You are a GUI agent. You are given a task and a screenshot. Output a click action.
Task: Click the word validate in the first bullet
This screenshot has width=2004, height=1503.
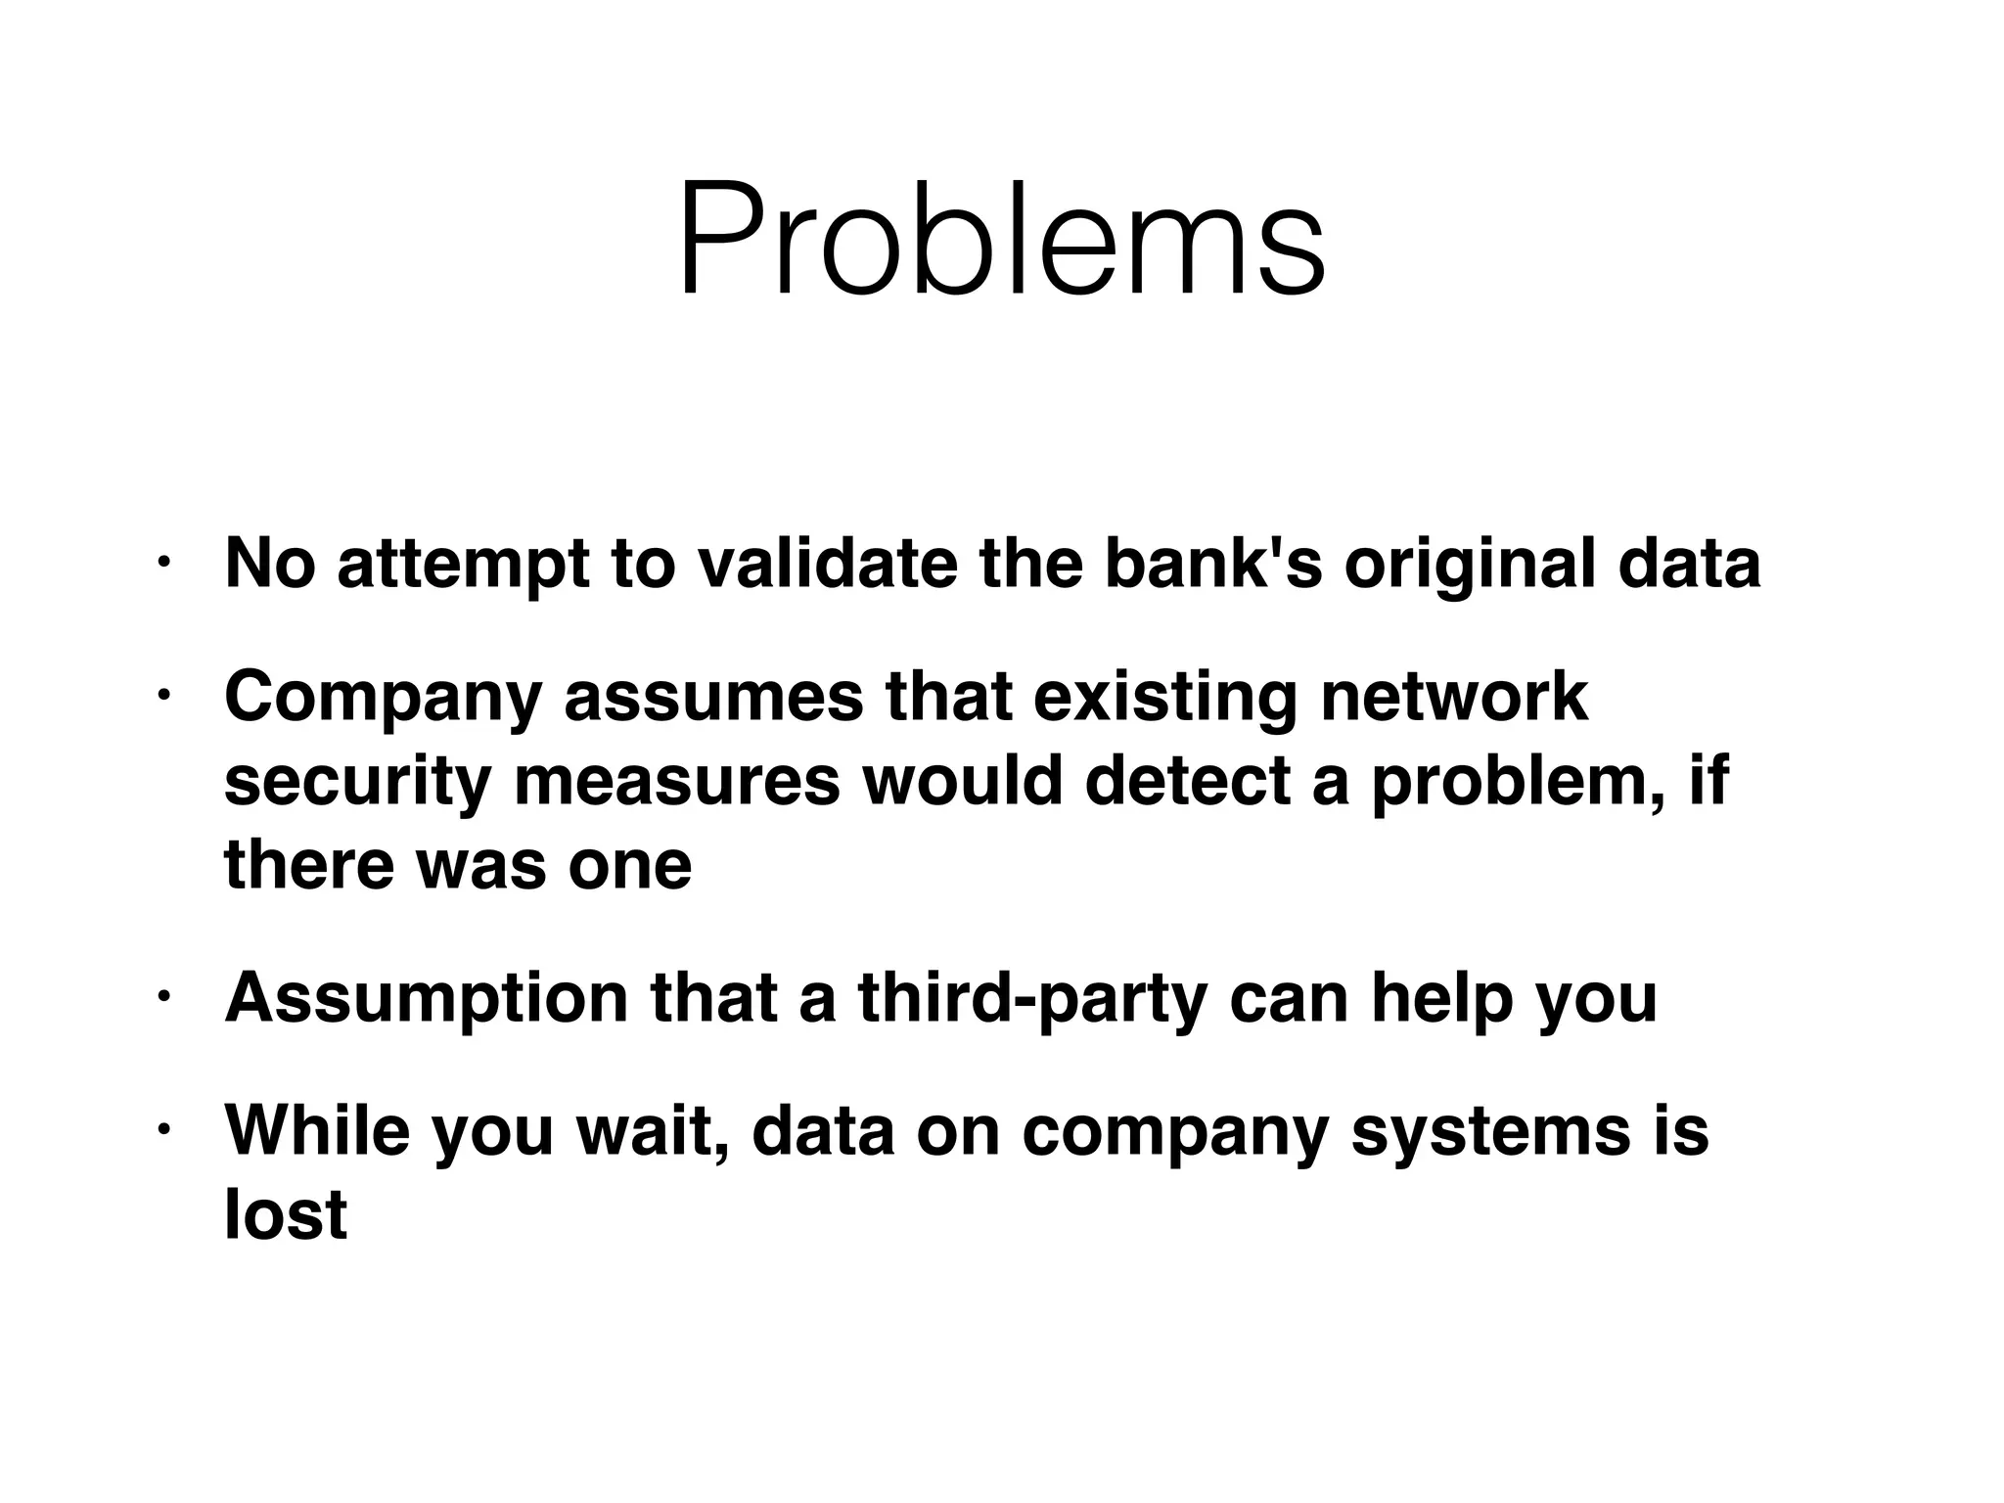pos(826,565)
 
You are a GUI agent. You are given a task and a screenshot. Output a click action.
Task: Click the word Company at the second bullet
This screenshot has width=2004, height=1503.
pos(383,699)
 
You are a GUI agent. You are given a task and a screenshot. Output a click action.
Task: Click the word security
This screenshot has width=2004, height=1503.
pos(357,783)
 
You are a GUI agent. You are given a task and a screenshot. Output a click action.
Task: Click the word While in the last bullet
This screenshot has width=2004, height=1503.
pos(317,1130)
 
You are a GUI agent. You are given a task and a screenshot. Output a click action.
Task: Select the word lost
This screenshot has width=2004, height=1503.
pos(286,1214)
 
